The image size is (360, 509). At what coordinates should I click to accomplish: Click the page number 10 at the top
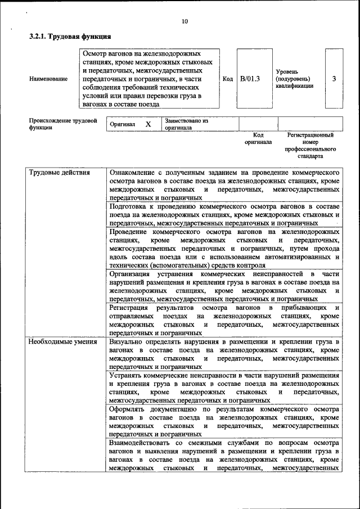[184, 22]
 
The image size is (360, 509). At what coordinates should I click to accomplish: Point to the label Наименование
[48, 79]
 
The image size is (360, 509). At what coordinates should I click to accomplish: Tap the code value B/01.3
[250, 79]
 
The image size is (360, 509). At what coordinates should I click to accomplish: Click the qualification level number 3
[334, 79]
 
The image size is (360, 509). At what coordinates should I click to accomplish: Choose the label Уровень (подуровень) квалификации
[294, 79]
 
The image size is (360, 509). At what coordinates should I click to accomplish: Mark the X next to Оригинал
[148, 124]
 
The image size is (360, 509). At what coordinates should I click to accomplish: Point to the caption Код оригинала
[258, 139]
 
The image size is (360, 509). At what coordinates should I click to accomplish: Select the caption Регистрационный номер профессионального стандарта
[310, 145]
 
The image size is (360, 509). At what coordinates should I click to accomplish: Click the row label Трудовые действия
[59, 173]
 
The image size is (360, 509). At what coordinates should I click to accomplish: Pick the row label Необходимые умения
[62, 341]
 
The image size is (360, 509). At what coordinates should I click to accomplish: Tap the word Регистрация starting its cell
[129, 308]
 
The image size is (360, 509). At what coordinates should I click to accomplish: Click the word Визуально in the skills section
[128, 341]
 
